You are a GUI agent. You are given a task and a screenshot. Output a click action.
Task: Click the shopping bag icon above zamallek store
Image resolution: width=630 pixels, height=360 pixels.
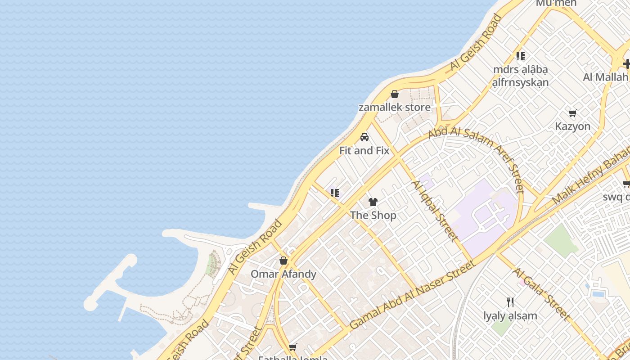395,94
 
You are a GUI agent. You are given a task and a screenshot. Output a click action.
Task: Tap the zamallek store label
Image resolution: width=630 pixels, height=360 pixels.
395,108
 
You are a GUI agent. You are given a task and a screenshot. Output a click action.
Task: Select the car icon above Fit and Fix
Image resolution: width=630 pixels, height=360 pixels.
364,137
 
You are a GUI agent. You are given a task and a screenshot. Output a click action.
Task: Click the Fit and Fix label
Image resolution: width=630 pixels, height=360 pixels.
364,151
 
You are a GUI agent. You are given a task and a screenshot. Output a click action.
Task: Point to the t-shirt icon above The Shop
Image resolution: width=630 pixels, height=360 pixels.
373,202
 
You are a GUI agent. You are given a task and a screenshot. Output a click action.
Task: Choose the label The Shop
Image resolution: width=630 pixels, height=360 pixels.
373,216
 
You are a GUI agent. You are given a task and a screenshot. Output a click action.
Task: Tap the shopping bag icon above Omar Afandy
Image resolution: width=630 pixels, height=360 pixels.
283,261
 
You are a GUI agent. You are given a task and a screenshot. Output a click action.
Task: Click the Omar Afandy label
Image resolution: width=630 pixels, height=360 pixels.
283,274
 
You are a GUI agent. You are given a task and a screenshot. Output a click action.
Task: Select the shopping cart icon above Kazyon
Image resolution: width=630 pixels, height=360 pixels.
573,113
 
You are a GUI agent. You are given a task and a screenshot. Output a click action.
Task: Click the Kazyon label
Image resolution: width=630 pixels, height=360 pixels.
573,126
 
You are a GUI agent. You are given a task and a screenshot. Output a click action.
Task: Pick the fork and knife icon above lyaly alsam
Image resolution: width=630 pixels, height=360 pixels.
510,302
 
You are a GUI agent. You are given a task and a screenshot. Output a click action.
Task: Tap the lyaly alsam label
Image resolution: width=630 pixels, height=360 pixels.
510,316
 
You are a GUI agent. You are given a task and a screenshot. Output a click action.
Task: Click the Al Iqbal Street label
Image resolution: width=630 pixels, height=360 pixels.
435,211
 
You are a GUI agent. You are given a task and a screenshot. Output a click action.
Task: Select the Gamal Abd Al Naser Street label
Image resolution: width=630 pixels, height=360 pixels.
412,295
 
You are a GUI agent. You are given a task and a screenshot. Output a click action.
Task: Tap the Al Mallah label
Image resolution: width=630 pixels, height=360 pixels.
605,77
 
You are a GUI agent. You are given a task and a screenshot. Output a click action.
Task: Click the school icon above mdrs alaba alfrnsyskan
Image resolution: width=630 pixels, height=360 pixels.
521,56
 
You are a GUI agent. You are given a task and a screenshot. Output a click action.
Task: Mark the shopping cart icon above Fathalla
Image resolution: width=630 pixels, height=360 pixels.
293,347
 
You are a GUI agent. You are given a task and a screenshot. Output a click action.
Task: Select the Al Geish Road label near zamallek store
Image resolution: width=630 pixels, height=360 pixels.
476,43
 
